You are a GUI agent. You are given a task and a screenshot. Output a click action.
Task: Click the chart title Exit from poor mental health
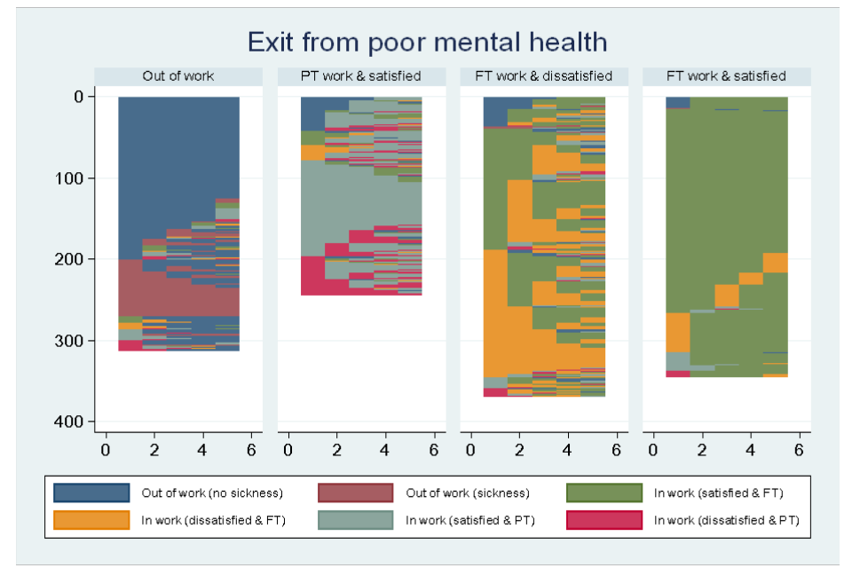427,42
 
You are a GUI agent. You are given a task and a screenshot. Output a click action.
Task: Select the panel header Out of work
178,76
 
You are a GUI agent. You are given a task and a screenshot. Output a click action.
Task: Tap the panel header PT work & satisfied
361,76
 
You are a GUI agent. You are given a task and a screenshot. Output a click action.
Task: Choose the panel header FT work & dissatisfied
544,76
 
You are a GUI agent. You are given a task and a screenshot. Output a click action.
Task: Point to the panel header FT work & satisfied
726,76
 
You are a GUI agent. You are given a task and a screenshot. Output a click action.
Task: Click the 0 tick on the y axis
77,97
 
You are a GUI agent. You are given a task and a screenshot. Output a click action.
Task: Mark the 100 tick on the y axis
68,178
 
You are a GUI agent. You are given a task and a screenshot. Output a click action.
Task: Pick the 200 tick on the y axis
68,259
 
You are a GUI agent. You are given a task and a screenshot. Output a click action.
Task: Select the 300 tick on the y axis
68,341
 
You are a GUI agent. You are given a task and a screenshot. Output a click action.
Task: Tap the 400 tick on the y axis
68,422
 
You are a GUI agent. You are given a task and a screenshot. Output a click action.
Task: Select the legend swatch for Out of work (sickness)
356,493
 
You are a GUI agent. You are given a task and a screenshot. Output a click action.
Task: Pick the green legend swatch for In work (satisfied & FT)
604,493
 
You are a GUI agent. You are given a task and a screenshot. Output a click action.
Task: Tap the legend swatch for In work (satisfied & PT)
356,520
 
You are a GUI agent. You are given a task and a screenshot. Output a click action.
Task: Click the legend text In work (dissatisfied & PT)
726,520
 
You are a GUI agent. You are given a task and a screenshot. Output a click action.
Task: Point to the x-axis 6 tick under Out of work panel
251,450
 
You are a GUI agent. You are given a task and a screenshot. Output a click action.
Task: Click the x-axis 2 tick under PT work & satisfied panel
336,450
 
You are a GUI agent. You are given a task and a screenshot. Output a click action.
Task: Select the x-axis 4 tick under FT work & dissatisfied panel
568,450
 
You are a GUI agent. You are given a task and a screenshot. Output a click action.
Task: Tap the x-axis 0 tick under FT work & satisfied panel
654,450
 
